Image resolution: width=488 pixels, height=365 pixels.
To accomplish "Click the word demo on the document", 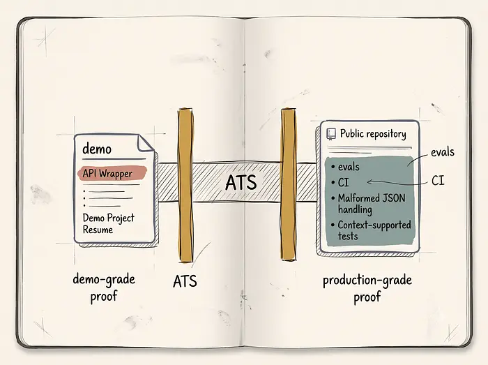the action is [97, 149].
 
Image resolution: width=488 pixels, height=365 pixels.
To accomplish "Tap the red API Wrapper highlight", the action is [112, 173].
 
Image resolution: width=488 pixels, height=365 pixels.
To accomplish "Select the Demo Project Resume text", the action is [108, 223].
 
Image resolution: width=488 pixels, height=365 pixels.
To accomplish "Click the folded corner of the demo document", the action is [146, 143].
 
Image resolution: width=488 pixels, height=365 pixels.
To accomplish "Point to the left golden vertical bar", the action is [185, 185].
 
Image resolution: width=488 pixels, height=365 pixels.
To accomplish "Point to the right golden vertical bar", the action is [289, 184].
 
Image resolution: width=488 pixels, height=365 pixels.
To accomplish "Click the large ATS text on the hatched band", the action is [241, 183].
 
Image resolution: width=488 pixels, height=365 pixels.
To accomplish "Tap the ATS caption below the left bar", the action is [185, 281].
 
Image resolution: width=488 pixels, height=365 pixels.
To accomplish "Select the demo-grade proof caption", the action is [104, 287].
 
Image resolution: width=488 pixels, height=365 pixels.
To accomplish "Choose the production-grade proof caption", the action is [367, 288].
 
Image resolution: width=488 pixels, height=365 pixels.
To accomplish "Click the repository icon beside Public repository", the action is [331, 134].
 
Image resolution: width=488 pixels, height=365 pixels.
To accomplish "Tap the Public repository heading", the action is [373, 134].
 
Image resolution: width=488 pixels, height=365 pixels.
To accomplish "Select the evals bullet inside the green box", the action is [346, 167].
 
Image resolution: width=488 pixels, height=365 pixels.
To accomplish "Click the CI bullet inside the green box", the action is [340, 183].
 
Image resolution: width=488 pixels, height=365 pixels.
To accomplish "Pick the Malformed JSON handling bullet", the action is [368, 204].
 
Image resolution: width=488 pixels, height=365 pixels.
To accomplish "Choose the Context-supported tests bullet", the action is [371, 230].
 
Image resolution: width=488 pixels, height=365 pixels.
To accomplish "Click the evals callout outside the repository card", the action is [442, 152].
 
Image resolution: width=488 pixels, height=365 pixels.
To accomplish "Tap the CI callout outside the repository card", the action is [438, 181].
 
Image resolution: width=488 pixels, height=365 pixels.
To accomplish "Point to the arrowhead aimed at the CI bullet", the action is [369, 182].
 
